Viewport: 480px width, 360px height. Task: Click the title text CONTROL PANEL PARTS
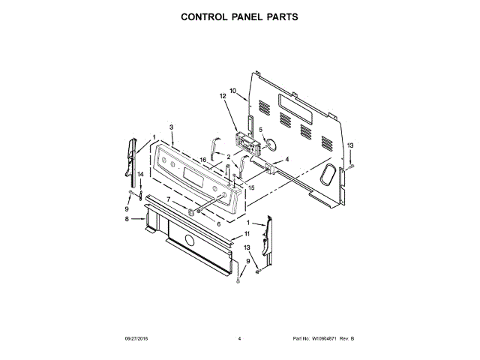pyautogui.click(x=239, y=16)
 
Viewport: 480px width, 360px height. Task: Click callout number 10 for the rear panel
pyautogui.click(x=232, y=91)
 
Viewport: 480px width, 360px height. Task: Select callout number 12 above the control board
pyautogui.click(x=223, y=97)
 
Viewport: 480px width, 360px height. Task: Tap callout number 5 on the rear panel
pyautogui.click(x=261, y=129)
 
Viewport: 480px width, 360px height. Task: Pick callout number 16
pyautogui.click(x=202, y=160)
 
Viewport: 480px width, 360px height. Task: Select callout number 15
pyautogui.click(x=252, y=187)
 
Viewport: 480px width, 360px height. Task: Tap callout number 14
pyautogui.click(x=139, y=175)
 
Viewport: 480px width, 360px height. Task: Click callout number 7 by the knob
pyautogui.click(x=169, y=199)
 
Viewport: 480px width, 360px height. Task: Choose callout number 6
pyautogui.click(x=218, y=223)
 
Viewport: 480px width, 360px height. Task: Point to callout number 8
pyautogui.click(x=127, y=219)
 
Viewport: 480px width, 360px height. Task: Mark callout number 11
pyautogui.click(x=247, y=234)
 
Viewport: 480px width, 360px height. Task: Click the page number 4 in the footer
pyautogui.click(x=239, y=339)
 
